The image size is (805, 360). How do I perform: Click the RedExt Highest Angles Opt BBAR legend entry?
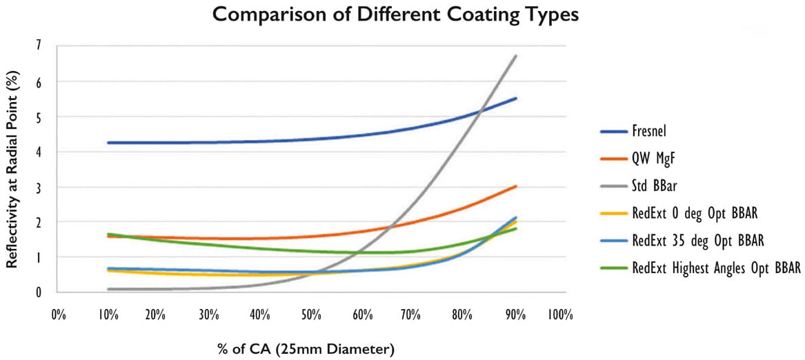point(715,268)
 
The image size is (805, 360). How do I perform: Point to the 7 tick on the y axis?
point(38,46)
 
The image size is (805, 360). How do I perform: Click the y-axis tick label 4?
point(38,151)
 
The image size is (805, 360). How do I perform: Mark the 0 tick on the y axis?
point(38,292)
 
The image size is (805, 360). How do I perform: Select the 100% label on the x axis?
point(559,315)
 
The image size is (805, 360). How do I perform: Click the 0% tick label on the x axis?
point(58,315)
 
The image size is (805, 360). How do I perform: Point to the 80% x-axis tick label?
point(460,315)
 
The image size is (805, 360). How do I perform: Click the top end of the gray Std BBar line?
point(515,56)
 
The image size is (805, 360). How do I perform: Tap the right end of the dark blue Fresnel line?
point(515,99)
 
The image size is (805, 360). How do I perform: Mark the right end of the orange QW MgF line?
point(515,186)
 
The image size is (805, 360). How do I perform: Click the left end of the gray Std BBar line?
point(108,289)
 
